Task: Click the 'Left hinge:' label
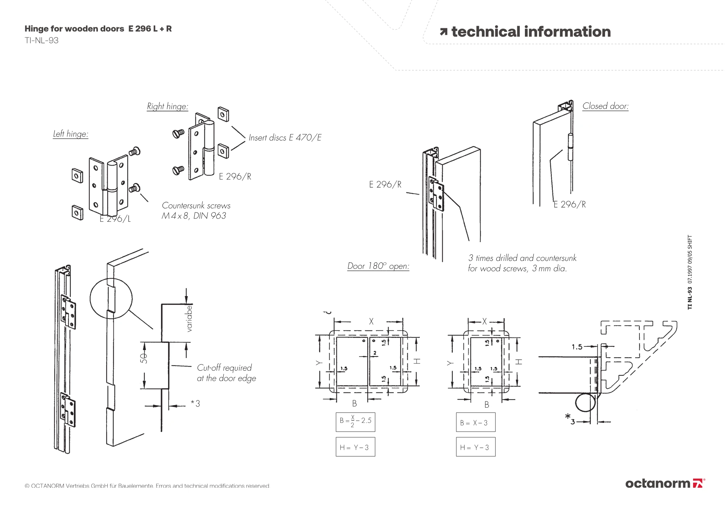coord(71,134)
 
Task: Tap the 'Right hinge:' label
coord(167,107)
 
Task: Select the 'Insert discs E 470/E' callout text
coord(285,138)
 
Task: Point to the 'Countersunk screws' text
coord(196,206)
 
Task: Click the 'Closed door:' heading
coord(605,106)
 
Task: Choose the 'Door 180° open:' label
coord(378,266)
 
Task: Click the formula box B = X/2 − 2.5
coord(355,422)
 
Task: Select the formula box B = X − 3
coord(475,422)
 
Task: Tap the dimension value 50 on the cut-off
coord(144,358)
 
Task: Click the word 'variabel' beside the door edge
coord(189,319)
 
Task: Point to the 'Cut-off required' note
coord(224,368)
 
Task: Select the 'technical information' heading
coord(531,32)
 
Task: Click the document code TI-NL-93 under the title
coord(42,41)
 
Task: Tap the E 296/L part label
coord(115,219)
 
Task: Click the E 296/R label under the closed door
coord(569,204)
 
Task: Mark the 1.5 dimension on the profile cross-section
coord(577,347)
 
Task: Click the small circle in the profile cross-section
coord(585,403)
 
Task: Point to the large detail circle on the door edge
coord(111,299)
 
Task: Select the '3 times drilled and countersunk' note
coord(522,258)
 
